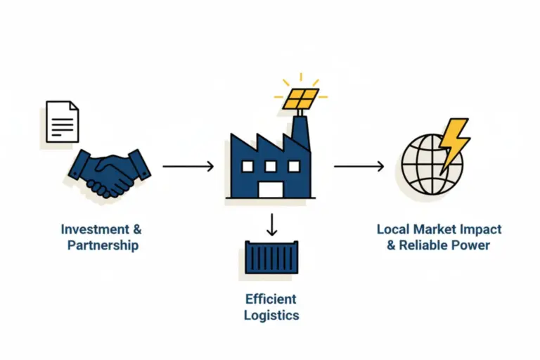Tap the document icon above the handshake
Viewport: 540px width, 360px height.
(63, 121)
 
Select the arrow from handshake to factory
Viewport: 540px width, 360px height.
(188, 167)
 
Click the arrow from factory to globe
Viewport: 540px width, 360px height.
(359, 167)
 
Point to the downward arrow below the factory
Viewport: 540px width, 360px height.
(271, 224)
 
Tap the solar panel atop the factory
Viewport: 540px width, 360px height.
(301, 98)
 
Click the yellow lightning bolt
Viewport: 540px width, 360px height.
(452, 143)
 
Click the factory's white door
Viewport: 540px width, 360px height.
(271, 189)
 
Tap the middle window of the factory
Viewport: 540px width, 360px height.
(271, 166)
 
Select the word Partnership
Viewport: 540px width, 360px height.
(103, 245)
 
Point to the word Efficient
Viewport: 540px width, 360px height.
(271, 299)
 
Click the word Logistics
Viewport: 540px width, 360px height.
(271, 315)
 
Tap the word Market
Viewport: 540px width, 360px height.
(438, 229)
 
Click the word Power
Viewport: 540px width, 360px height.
(472, 245)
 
